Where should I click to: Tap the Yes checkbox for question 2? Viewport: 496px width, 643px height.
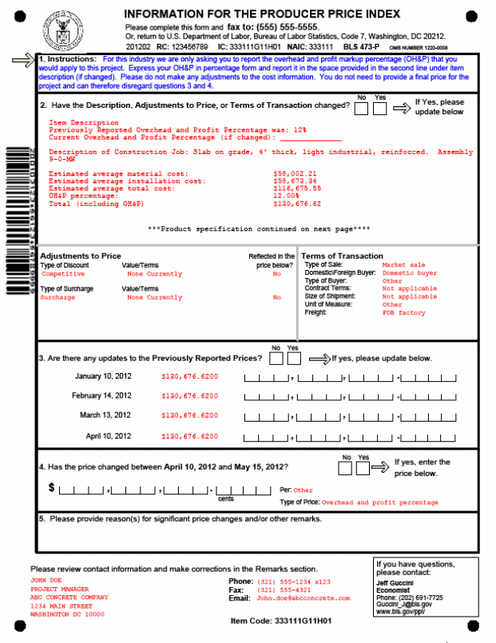point(380,107)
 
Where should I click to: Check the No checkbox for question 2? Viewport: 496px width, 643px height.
point(361,107)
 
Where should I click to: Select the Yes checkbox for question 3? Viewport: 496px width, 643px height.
point(293,359)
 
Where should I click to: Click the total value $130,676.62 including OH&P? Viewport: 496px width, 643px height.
point(297,204)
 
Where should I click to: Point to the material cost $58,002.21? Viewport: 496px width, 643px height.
point(295,173)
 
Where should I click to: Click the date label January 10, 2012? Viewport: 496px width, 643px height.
point(103,376)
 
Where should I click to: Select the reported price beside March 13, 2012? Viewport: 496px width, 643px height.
point(189,415)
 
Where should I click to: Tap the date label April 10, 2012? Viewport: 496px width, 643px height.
point(109,436)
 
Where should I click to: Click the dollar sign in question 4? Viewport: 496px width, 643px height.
point(52,486)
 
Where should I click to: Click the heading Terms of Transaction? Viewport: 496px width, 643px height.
point(342,256)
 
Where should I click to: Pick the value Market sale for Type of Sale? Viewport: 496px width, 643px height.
point(403,264)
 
